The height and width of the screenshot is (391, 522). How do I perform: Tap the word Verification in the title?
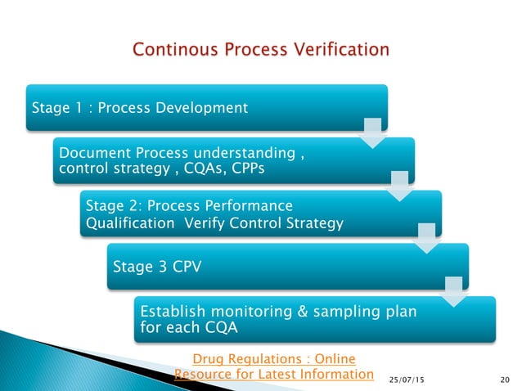340,51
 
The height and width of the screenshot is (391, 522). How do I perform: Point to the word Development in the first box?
205,107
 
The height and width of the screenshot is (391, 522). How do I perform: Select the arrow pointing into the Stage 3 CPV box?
426,238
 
